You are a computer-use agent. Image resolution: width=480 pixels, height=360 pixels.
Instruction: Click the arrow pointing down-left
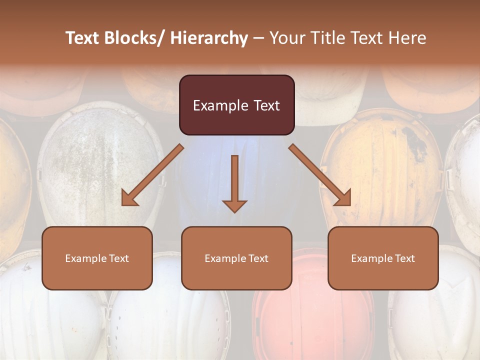pos(152,175)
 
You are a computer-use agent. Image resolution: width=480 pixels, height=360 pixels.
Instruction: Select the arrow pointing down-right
pos(320,175)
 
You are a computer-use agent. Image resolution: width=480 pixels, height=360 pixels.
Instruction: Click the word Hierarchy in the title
pos(209,38)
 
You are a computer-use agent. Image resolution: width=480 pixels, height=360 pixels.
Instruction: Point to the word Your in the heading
pos(287,38)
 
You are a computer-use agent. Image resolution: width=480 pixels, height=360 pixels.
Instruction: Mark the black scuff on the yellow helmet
pos(415,140)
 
